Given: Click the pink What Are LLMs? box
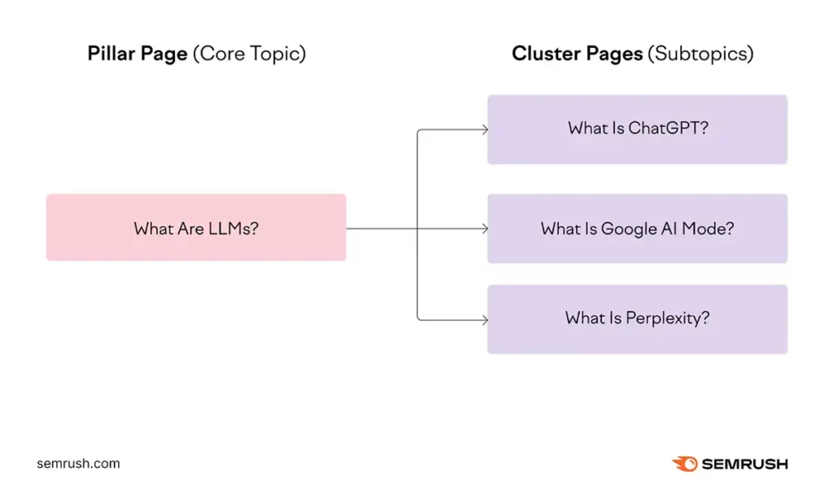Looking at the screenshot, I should (x=196, y=227).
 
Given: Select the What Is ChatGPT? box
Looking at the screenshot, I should (x=637, y=129).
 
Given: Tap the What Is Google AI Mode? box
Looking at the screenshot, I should (x=637, y=229).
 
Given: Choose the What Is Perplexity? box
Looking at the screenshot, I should (x=637, y=318).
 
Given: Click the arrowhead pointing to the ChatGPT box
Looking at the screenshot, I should (x=484, y=129).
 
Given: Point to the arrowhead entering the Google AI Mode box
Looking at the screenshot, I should (x=484, y=229).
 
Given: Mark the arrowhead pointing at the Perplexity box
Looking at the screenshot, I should (x=484, y=319).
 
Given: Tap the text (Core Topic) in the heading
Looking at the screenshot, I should (x=249, y=55).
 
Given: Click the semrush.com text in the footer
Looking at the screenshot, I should (x=78, y=464).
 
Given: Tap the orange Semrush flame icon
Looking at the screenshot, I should (x=685, y=464).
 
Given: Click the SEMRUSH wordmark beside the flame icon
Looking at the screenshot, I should (x=745, y=464).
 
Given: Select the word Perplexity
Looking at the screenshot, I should (x=666, y=318).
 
